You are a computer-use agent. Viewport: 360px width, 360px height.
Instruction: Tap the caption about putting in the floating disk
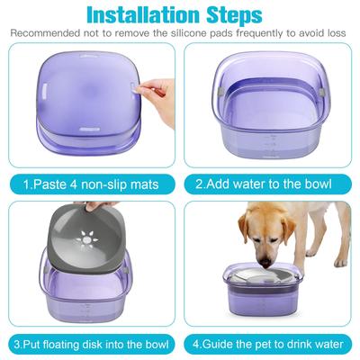pos(90,343)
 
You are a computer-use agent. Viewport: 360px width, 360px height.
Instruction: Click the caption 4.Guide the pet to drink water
pos(269,343)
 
